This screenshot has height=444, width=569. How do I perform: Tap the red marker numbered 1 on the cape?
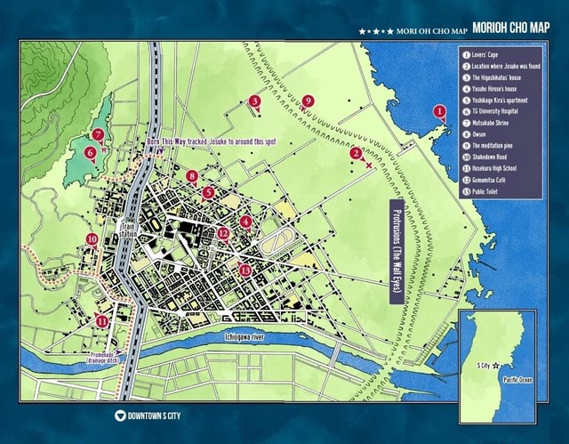click(439, 111)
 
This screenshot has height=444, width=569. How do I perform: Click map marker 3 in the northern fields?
click(255, 101)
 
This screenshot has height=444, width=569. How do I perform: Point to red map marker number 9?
click(307, 101)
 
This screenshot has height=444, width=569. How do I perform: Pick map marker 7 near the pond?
click(99, 135)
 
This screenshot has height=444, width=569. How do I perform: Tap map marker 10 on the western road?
click(92, 239)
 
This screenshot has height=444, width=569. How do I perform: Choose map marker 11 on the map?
click(103, 321)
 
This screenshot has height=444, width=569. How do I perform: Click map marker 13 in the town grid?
click(245, 270)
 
